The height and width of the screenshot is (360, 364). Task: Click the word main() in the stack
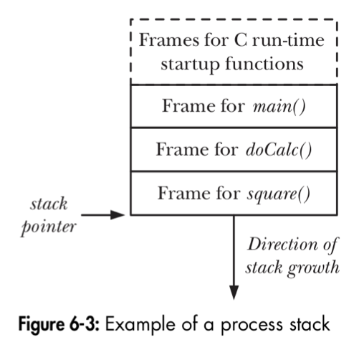coord(279,107)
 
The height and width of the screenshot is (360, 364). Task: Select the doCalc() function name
coord(279,150)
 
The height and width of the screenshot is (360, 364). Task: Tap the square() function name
coord(279,194)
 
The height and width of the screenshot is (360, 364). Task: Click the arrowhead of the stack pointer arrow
coord(118,215)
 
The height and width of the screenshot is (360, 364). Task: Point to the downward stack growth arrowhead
coord(234,292)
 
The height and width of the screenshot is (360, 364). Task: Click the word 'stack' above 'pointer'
coord(49,204)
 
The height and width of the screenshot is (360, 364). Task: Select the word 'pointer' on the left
coord(49,227)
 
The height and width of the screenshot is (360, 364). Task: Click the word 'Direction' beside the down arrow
coord(282,245)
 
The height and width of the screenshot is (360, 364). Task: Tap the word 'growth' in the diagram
coord(313,268)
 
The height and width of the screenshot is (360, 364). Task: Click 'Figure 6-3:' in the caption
coord(59,324)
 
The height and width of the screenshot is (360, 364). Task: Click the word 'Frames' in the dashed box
coord(169,40)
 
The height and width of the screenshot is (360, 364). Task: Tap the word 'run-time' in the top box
coord(288,40)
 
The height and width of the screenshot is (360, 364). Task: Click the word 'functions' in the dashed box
coord(264,64)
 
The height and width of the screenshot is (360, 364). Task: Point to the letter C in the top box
coord(241,40)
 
